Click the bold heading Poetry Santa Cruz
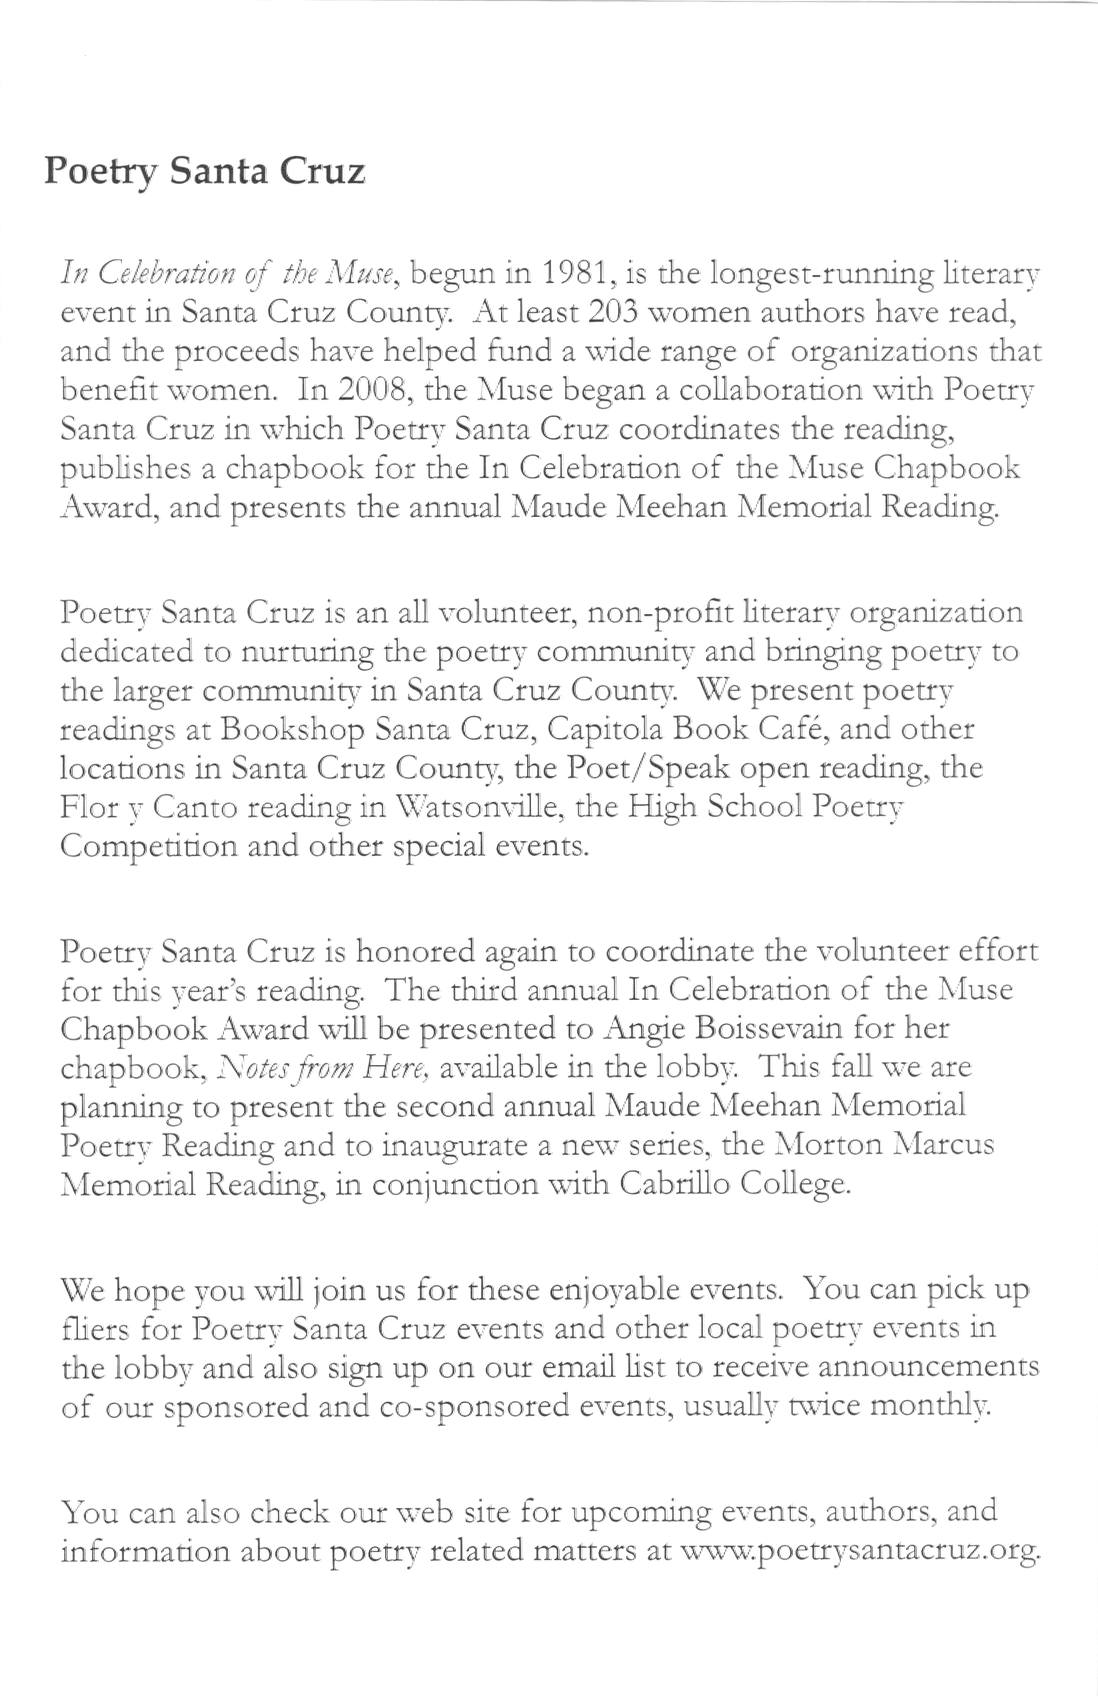[x=205, y=172]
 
